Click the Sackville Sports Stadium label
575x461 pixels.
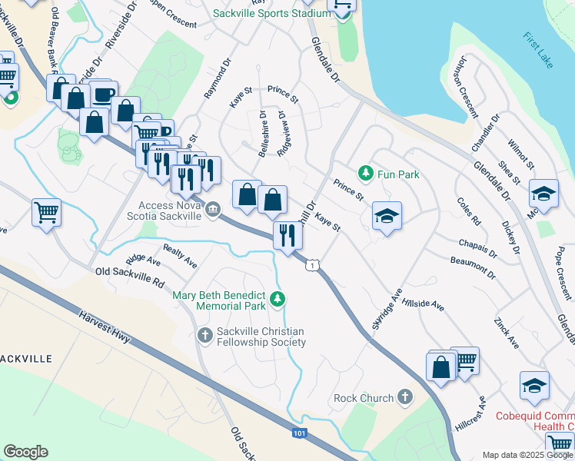click(x=262, y=14)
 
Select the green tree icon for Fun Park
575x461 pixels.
click(x=367, y=174)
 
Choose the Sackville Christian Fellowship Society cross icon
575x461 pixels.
click(x=204, y=334)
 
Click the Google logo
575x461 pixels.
click(x=25, y=451)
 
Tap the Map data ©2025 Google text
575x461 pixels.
click(x=527, y=455)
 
